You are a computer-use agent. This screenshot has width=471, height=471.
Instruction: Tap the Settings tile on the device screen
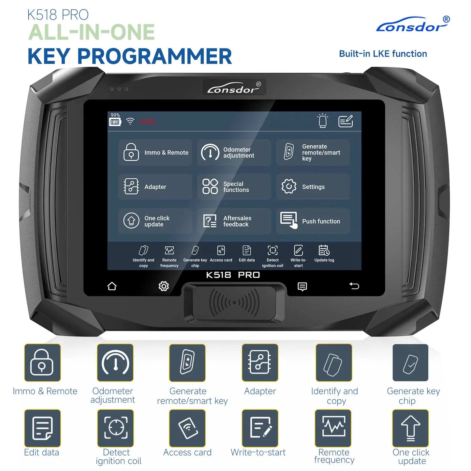coord(313,187)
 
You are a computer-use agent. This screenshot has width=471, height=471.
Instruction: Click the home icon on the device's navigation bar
coord(112,286)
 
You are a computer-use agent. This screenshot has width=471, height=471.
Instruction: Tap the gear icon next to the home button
coord(164,286)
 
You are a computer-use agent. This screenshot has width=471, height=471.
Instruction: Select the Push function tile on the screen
coord(313,221)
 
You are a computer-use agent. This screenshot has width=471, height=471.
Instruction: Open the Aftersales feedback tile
coord(234,221)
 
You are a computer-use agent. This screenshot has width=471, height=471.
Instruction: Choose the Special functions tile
coord(234,187)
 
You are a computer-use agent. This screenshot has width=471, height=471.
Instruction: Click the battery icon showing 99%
coord(115,122)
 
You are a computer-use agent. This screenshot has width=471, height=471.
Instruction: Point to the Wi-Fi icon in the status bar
coord(130,121)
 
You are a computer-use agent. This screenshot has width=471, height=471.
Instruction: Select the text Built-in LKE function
coord(383,54)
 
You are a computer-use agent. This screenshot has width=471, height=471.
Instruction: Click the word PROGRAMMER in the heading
coord(154,56)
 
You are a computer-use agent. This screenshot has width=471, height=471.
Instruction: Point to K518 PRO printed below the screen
coord(233,275)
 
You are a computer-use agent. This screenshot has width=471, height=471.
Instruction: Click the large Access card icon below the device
coord(187,428)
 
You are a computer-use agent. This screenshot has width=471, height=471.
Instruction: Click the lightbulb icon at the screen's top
coord(322,121)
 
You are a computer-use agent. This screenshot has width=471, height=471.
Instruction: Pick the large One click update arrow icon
coord(410,428)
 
